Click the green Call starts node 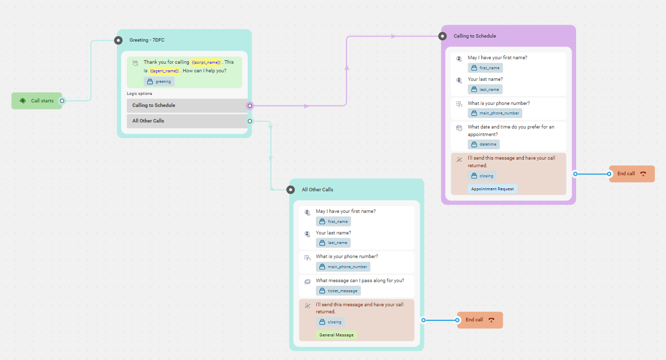(37, 101)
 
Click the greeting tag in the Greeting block (159, 81)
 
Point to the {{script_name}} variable (206, 62)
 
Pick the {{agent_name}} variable (164, 71)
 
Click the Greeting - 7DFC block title (147, 40)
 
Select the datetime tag (484, 144)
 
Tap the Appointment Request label (492, 189)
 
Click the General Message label (337, 335)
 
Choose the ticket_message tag (339, 291)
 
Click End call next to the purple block (632, 174)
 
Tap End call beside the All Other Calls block (480, 320)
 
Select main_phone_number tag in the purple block (495, 113)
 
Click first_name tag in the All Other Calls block (334, 221)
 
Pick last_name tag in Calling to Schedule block (485, 89)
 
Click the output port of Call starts (62, 101)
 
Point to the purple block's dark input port (442, 36)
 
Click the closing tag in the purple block (482, 176)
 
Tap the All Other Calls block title (317, 190)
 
